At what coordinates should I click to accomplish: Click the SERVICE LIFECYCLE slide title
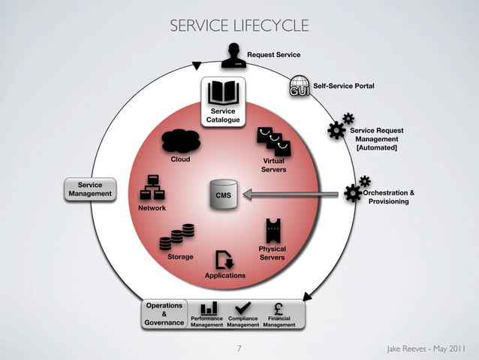coord(239,26)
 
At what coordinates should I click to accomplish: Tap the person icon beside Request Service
coord(234,55)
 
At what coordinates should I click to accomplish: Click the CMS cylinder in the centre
coord(223,195)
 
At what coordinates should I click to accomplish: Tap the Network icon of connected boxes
coord(152,188)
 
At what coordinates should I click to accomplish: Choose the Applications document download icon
coord(224,260)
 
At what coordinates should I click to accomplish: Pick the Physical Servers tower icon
coord(273,230)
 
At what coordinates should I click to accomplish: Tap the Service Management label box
coord(90,189)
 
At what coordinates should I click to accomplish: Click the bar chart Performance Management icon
coord(209,308)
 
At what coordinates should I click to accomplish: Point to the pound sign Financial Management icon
coord(279,308)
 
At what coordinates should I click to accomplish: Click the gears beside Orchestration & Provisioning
coord(355,189)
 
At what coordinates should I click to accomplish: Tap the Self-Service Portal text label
coord(343,86)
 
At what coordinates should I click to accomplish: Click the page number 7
coord(239,349)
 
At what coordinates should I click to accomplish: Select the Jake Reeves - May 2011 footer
coord(424,349)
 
